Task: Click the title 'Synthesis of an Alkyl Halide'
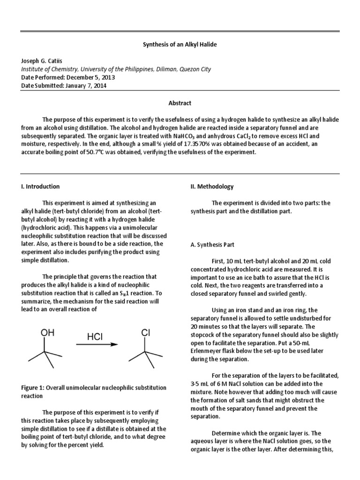pyautogui.click(x=180, y=44)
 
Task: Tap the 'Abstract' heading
pyautogui.click(x=180, y=103)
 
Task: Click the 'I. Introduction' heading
pyautogui.click(x=40, y=186)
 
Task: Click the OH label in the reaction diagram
pyautogui.click(x=47, y=333)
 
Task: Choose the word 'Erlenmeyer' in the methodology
pyautogui.click(x=210, y=352)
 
